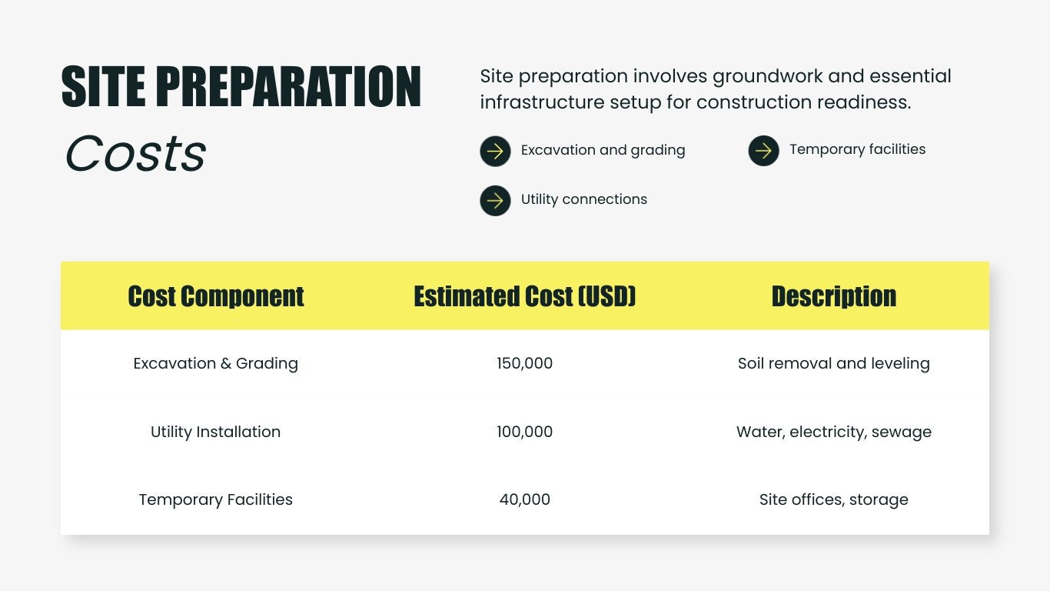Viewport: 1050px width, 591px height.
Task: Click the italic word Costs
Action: (135, 153)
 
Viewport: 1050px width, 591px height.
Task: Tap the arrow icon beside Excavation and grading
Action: (495, 151)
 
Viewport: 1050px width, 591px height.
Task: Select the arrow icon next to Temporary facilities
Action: (763, 151)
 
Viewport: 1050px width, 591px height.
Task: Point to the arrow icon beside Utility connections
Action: (495, 201)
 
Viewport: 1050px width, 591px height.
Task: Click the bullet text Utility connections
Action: (583, 199)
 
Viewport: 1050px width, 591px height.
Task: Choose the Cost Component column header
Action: (216, 296)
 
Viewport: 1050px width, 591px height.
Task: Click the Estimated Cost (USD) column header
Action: (525, 296)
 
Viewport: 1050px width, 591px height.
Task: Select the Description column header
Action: (833, 296)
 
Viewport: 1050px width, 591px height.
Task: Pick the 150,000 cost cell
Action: (524, 363)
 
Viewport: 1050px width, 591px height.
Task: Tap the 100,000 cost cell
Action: (524, 432)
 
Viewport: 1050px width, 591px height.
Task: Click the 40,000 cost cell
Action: (524, 499)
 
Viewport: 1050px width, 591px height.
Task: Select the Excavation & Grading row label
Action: (215, 363)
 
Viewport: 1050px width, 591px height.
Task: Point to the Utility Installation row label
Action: (215, 432)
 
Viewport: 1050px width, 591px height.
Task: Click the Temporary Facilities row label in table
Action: (215, 499)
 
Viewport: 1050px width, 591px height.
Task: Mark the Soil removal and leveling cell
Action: (833, 363)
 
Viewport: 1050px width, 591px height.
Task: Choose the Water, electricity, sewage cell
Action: (833, 432)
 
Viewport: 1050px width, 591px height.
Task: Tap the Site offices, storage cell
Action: (833, 499)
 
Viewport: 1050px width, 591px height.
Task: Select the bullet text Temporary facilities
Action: (857, 149)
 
